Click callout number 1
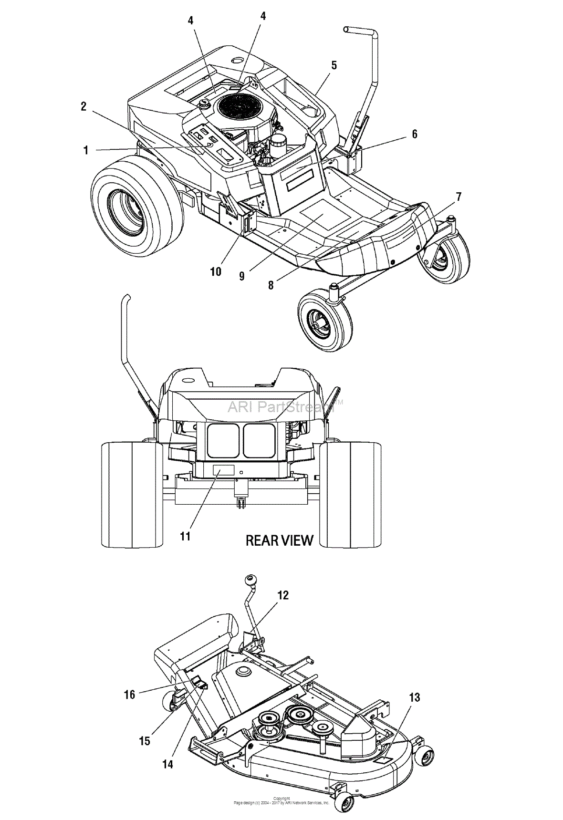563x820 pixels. point(86,151)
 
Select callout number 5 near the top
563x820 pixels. point(334,65)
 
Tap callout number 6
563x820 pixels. point(414,135)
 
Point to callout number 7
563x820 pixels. point(459,197)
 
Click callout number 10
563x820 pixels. point(216,271)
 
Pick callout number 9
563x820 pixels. point(242,276)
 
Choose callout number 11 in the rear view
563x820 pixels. point(186,536)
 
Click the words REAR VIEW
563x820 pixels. point(279,540)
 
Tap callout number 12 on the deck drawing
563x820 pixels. point(283,595)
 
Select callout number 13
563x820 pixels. point(415,697)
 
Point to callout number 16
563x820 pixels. point(130,695)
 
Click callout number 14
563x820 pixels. point(167,764)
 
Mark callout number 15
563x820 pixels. point(145,740)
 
